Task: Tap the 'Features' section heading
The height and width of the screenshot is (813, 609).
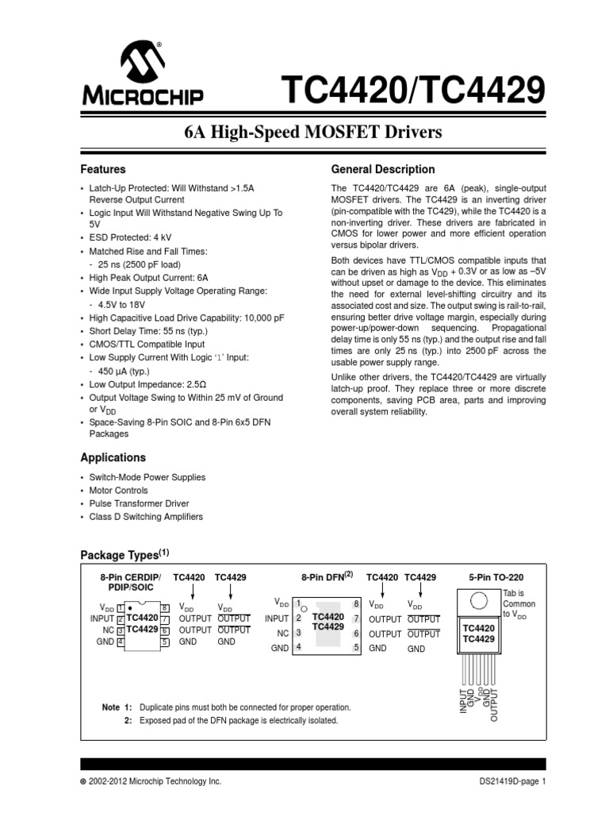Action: tap(103, 169)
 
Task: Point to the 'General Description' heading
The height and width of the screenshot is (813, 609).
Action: tap(382, 169)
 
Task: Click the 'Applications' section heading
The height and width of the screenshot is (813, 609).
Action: tap(113, 457)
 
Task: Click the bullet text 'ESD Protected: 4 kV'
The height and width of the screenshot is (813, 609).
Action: tap(131, 237)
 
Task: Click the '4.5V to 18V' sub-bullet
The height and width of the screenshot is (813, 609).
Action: tap(122, 304)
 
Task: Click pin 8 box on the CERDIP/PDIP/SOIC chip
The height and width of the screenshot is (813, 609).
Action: tap(164, 607)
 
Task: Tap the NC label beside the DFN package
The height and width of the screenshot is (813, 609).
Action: tap(282, 633)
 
